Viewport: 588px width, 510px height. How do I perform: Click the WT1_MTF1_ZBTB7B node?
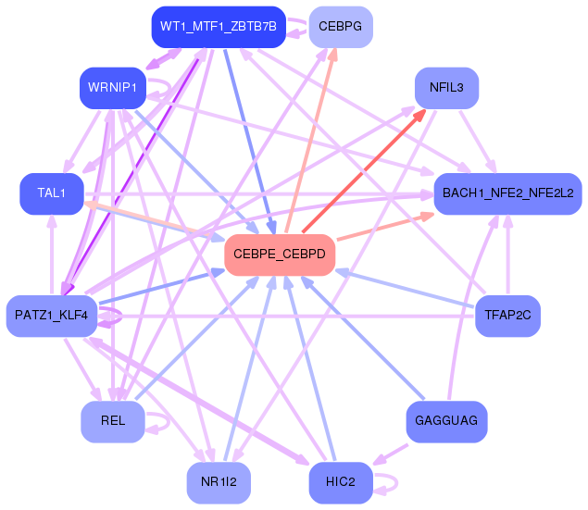coord(219,27)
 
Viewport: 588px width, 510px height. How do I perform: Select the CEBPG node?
coord(341,27)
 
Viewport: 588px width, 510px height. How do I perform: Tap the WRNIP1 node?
coord(112,88)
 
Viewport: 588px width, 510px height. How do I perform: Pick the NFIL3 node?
coord(446,88)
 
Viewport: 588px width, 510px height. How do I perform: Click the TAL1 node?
coord(52,193)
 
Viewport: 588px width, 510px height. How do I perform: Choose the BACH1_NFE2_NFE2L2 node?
coord(507,193)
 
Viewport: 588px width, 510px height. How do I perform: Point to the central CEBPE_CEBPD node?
coord(280,255)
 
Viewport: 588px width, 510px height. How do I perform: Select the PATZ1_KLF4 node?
coord(52,316)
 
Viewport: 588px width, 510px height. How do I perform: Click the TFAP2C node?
coord(507,316)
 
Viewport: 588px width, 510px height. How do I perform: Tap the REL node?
coord(112,421)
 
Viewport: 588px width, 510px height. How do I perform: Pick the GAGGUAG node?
coord(446,421)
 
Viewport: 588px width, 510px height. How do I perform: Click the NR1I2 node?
coord(219,482)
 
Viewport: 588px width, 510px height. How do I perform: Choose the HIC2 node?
coord(341,482)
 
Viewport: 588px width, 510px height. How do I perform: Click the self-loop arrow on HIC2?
coord(396,482)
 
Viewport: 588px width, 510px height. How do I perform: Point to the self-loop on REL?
coord(169,422)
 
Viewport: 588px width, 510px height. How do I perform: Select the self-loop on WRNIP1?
coord(169,89)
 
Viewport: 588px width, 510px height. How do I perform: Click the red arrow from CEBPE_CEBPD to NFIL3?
coord(364,170)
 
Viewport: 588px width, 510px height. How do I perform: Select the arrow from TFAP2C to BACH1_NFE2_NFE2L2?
coord(508,255)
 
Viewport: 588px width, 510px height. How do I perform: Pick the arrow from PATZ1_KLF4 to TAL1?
coord(52,255)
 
